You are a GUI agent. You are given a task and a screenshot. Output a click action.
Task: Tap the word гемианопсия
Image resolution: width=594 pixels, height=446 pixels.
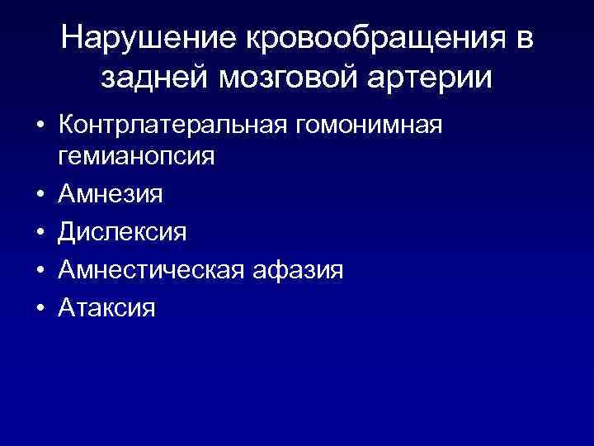coord(136,157)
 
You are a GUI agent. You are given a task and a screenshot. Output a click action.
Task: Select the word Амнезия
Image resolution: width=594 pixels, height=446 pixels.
coord(110,194)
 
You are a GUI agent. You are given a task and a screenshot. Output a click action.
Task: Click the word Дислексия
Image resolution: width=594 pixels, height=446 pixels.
coord(122,233)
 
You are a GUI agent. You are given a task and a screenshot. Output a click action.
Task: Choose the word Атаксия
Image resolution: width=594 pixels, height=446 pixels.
coord(107,308)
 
